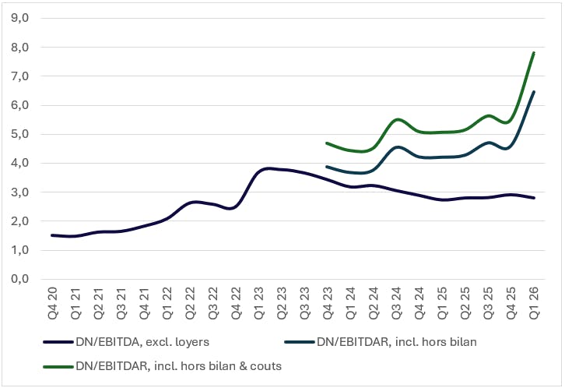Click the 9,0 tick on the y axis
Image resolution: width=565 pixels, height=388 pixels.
pos(21,19)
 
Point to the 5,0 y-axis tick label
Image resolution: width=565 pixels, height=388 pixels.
pos(21,134)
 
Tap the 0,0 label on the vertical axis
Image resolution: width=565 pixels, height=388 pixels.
pos(21,279)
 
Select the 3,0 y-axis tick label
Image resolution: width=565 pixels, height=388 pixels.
pos(21,192)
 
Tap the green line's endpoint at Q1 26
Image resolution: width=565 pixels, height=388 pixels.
pos(533,53)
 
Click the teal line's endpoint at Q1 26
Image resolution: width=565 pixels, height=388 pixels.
pos(533,92)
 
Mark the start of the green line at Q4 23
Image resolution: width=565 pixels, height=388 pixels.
pos(327,143)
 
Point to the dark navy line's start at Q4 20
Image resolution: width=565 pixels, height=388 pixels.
pos(51,235)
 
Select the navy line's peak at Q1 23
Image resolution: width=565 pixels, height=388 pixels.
pos(267,168)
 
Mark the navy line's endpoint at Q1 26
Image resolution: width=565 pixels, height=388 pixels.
pos(533,198)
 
